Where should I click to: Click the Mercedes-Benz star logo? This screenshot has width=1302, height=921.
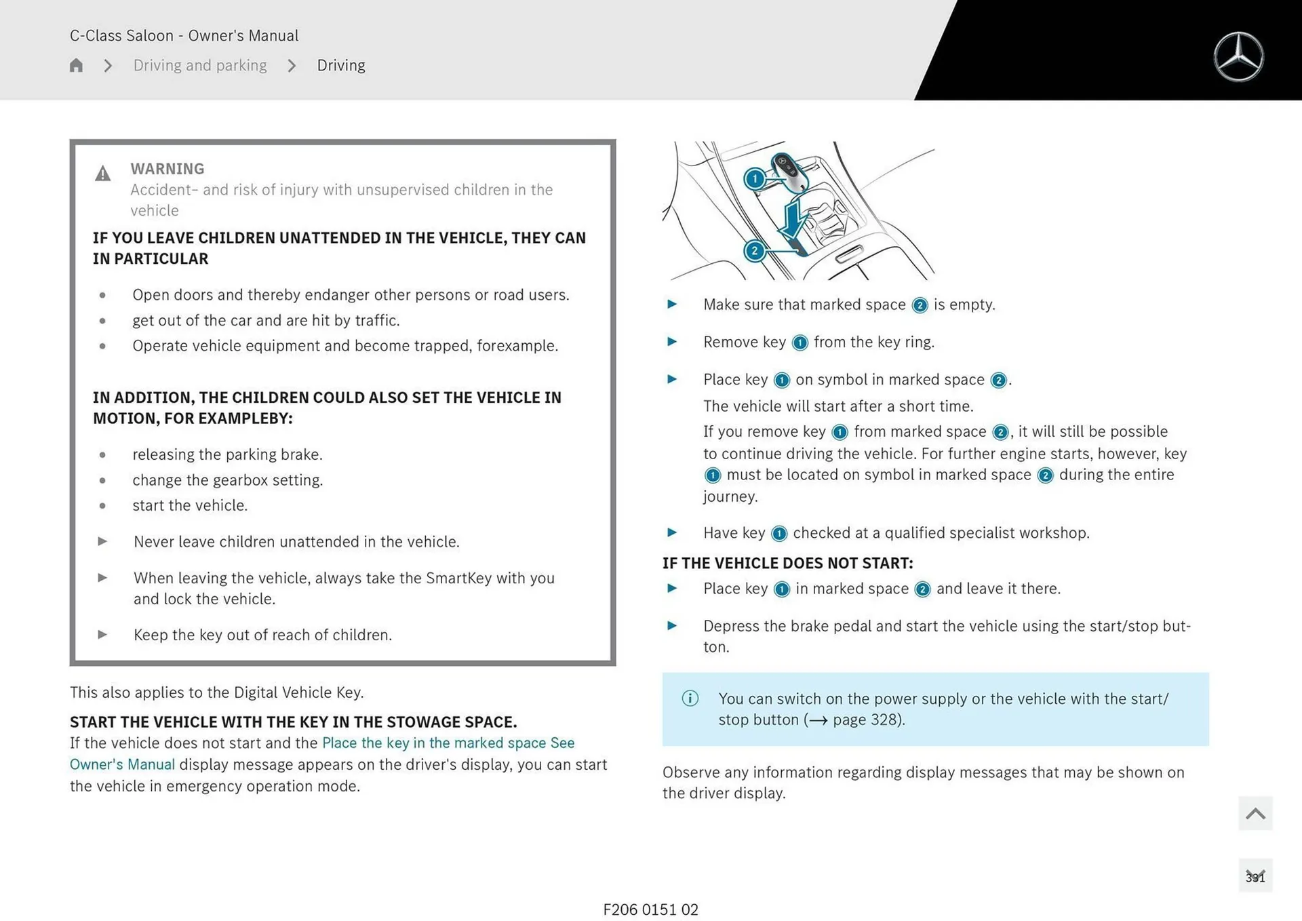coord(1238,57)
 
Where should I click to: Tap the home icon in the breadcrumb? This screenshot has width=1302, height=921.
coord(76,65)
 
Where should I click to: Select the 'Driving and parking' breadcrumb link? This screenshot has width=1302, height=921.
coord(199,65)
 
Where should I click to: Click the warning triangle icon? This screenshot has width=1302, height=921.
coord(102,174)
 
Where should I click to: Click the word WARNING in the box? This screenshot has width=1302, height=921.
coord(167,168)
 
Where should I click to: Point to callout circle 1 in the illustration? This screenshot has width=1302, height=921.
coord(755,179)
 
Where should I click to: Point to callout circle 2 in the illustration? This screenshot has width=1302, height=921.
coord(754,251)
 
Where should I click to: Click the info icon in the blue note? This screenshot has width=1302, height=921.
coord(690,698)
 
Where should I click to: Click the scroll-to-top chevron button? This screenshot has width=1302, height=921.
coord(1255,813)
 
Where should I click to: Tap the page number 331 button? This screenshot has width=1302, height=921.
coord(1255,876)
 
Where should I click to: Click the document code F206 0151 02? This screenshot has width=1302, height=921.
coord(650,909)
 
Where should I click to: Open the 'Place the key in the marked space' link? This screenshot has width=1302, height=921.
coord(434,743)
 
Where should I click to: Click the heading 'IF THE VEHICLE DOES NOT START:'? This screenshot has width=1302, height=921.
coord(787,563)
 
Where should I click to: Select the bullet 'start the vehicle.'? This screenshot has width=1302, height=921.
coord(190,505)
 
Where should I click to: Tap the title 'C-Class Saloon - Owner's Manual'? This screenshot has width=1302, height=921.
coord(184,35)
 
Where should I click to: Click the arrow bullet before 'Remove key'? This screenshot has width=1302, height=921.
coord(672,342)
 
